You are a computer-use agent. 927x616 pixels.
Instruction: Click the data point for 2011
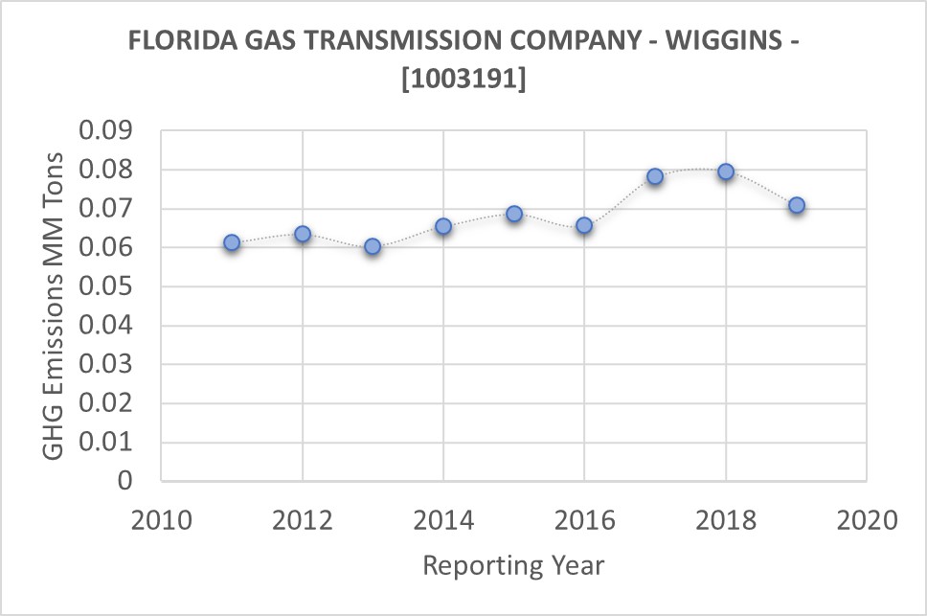(x=232, y=243)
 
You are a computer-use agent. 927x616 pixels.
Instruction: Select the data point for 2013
(x=373, y=247)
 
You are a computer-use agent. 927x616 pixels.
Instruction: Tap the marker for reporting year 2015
(x=514, y=214)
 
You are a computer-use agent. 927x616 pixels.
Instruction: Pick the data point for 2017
(x=655, y=176)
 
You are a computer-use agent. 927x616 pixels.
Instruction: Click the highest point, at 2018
(x=726, y=171)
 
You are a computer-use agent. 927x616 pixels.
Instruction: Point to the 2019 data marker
(x=796, y=205)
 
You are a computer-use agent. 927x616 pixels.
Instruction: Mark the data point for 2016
(x=584, y=226)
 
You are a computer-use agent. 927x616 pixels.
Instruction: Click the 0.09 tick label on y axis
(x=108, y=131)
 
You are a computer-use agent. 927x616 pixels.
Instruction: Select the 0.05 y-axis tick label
(x=108, y=287)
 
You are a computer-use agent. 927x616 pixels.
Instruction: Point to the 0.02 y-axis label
(x=108, y=404)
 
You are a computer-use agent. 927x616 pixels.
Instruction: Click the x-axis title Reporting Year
(x=513, y=566)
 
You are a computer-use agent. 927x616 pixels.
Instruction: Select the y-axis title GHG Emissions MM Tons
(x=55, y=305)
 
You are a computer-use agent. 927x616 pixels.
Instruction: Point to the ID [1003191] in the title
(x=463, y=80)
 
